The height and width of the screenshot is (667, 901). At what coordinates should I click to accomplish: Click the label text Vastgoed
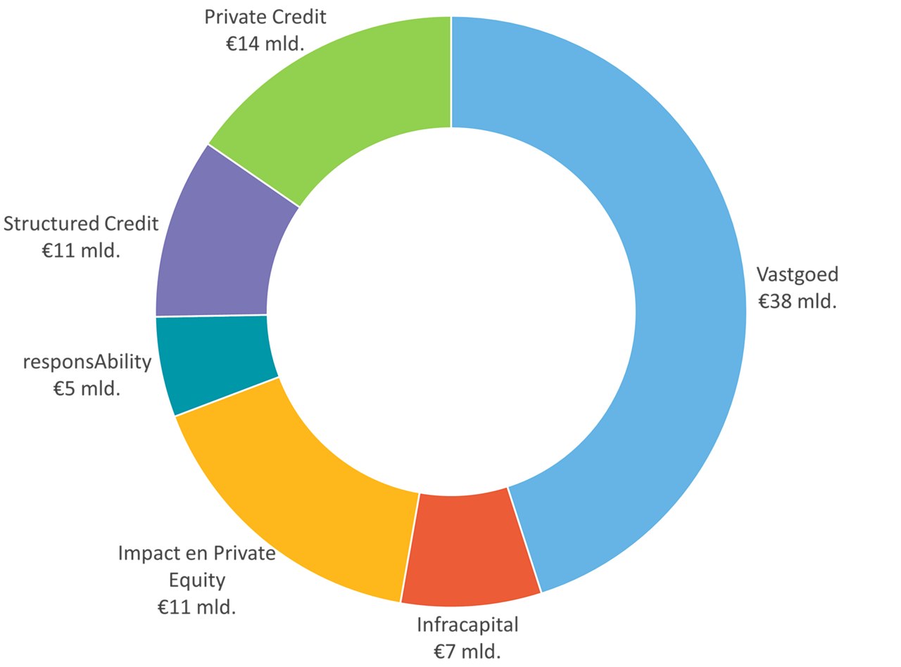pos(797,274)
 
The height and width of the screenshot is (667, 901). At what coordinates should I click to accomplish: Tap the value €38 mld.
pos(797,301)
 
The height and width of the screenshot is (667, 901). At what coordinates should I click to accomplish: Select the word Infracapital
pos(467,624)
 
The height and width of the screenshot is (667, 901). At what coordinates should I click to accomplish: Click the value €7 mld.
pos(467,651)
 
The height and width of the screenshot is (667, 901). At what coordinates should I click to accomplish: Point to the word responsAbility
pos(87,362)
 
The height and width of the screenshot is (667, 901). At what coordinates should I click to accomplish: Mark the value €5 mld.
pos(87,388)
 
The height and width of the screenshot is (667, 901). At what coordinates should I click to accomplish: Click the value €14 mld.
pos(265,44)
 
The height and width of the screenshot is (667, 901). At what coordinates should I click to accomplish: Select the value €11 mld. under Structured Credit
pos(81,250)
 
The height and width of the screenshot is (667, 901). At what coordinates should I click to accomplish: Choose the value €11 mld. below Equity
pos(196,606)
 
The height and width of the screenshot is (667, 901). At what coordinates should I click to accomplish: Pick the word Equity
pos(197,580)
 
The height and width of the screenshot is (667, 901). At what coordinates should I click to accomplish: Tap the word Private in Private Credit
pos(233,17)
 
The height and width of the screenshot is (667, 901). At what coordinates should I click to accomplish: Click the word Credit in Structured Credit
pos(132,224)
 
